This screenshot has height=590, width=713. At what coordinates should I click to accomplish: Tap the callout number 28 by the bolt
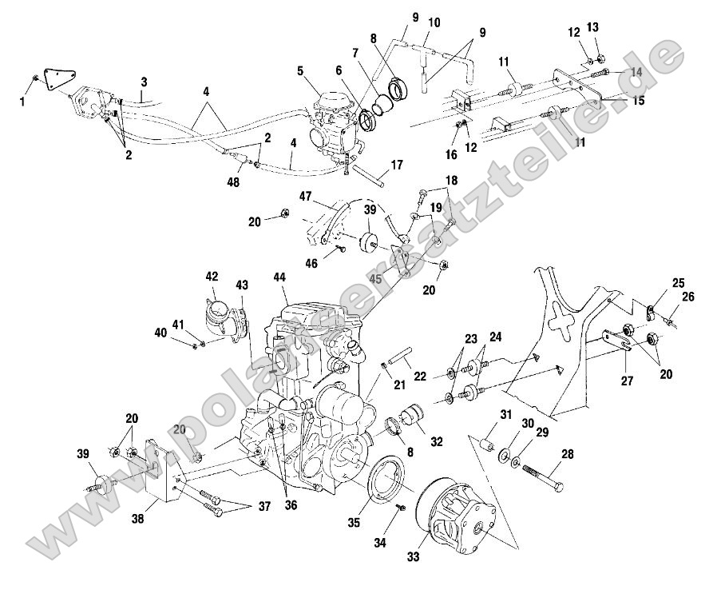(x=568, y=455)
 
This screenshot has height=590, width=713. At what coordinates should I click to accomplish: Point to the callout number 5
(x=300, y=71)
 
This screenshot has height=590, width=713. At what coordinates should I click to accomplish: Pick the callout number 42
(x=211, y=277)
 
